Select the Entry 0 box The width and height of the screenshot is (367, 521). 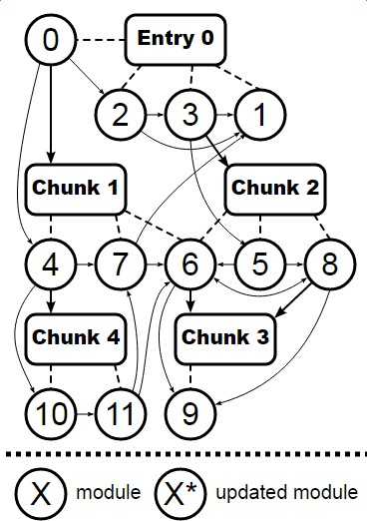[175, 41]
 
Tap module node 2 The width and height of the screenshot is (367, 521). [122, 116]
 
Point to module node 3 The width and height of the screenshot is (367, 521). [190, 116]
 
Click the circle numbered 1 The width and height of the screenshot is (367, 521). [259, 116]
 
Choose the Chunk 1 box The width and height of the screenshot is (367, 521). [77, 187]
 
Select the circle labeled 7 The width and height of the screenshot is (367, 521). [121, 264]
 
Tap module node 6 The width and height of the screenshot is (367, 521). [190, 264]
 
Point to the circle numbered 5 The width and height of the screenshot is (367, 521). [259, 264]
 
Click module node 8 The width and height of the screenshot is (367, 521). [328, 264]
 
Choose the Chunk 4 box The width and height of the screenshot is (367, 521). [77, 336]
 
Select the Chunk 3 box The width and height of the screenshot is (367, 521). [224, 336]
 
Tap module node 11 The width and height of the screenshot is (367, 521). [121, 411]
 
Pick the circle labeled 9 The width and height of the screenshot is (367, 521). [190, 411]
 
